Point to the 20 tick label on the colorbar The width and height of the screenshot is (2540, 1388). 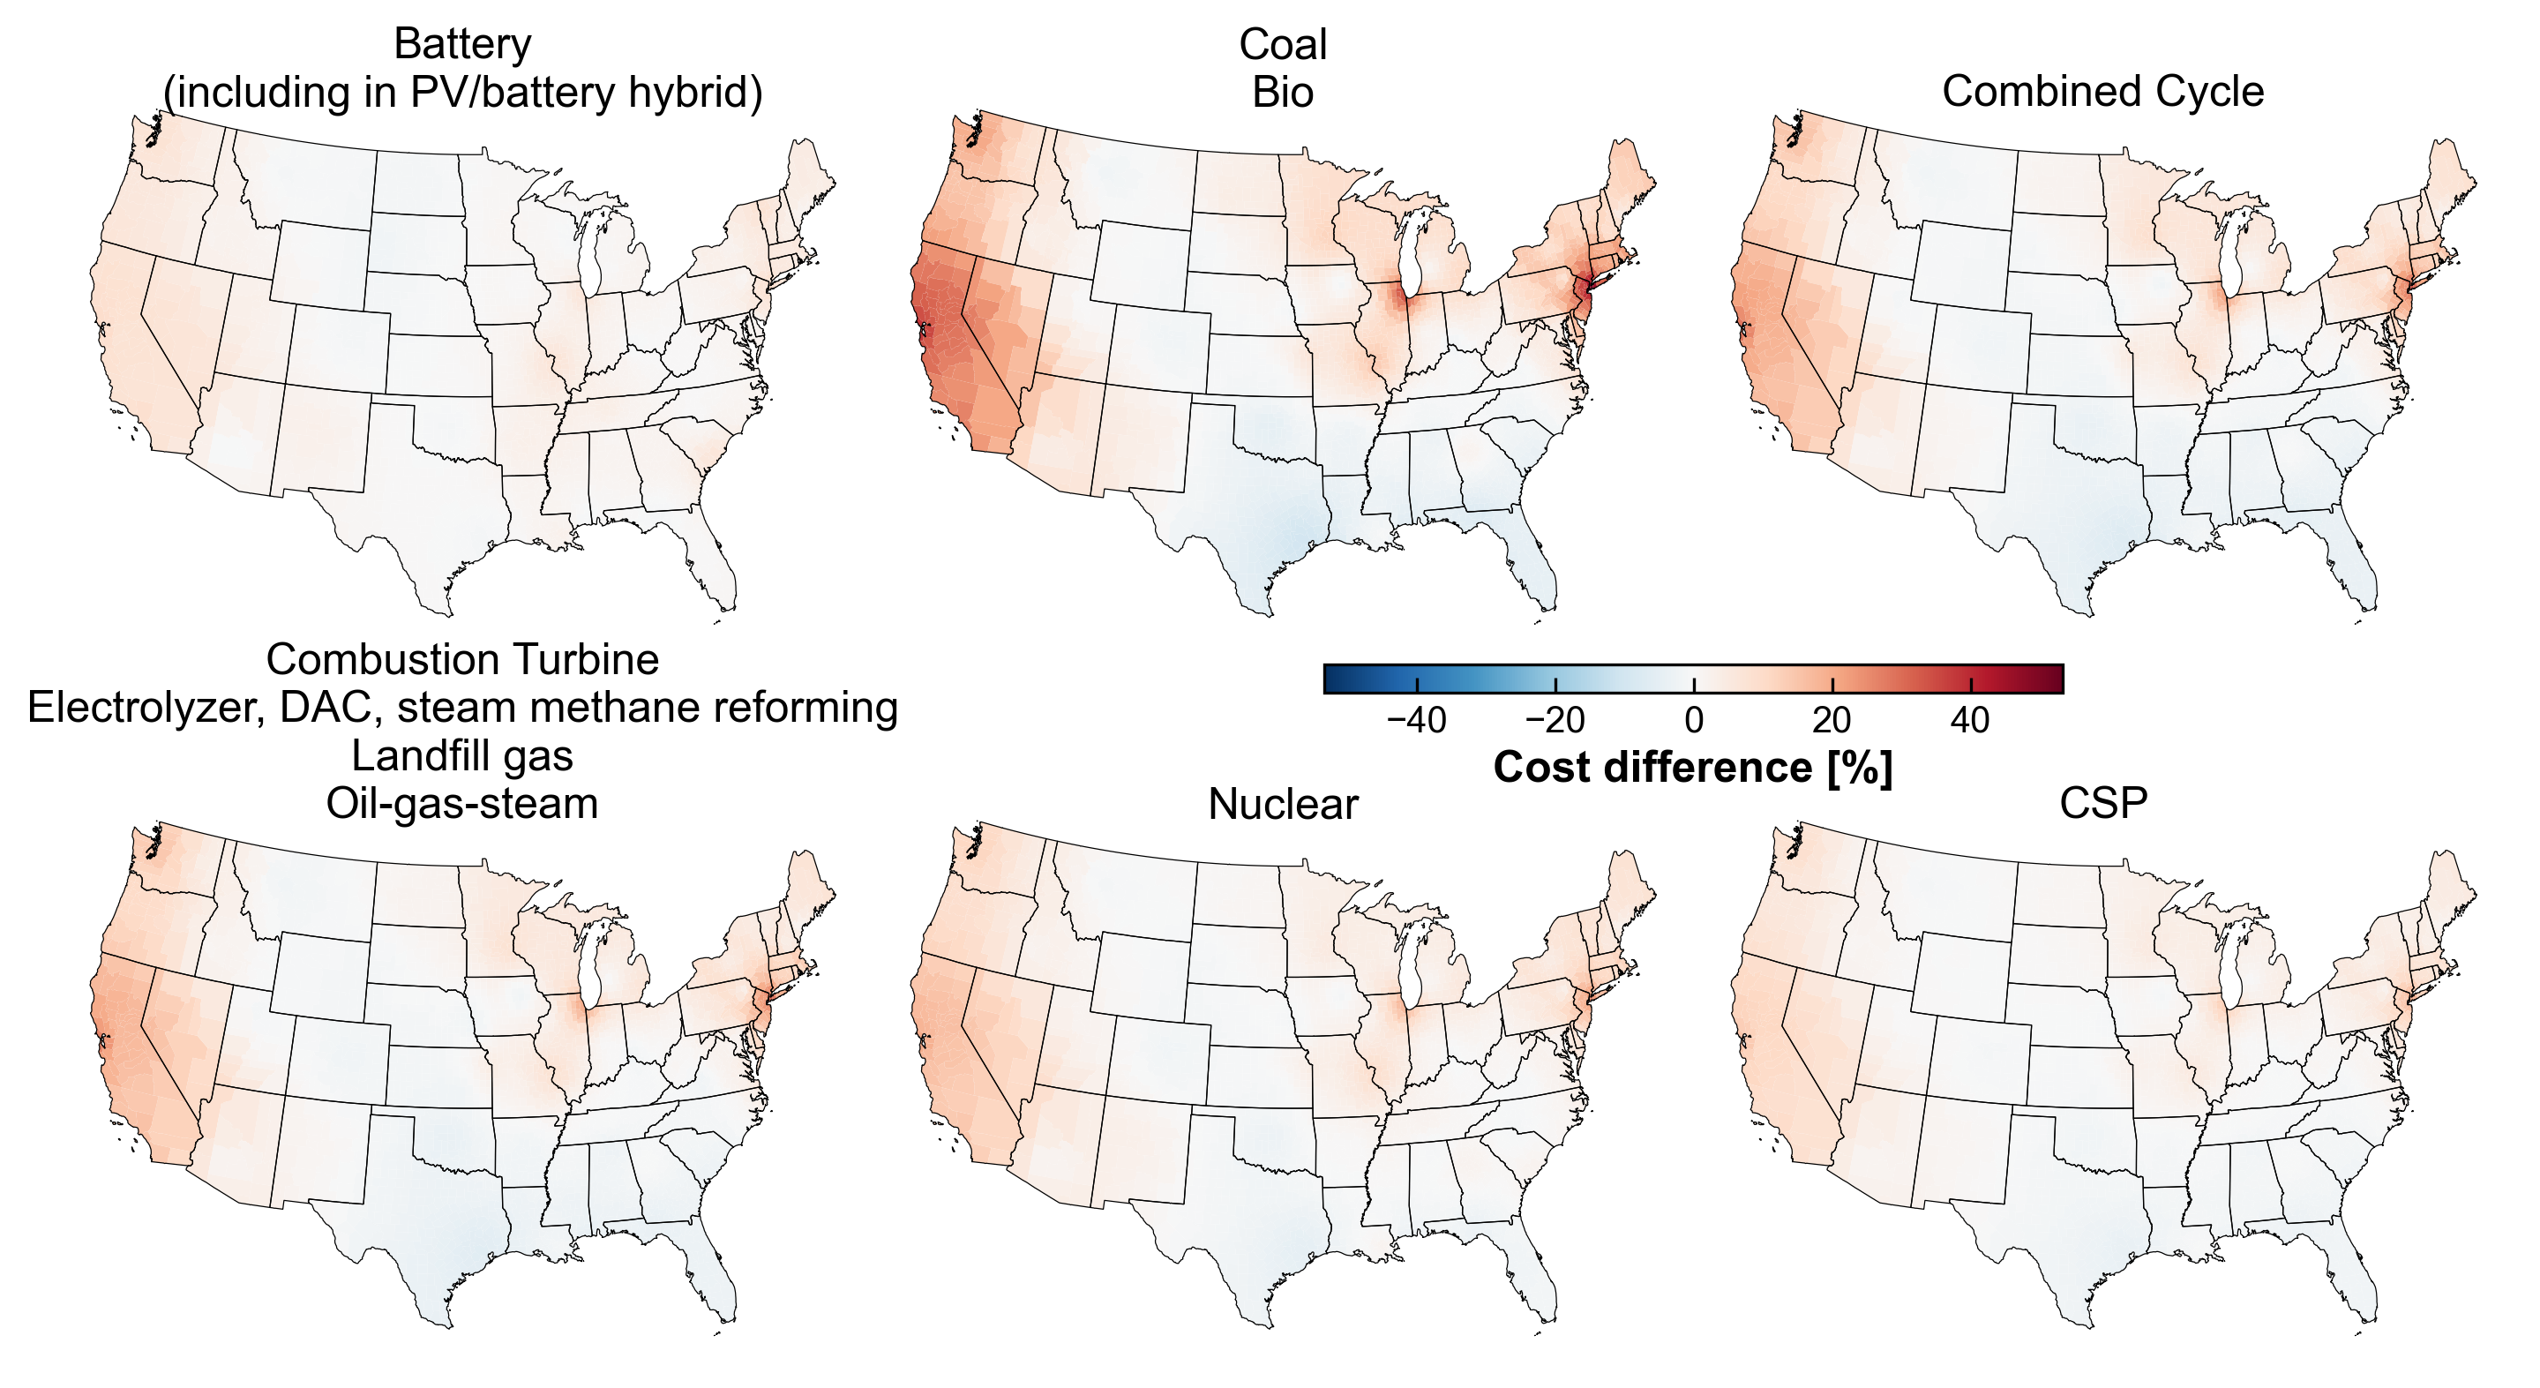pos(1831,720)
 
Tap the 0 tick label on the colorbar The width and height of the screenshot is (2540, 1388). pos(1693,720)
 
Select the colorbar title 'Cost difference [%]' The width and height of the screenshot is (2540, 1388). pos(1692,768)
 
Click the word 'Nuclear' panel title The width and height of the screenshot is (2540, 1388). pos(1282,804)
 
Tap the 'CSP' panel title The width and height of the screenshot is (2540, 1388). pos(2102,803)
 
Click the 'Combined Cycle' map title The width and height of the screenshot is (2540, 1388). pos(2102,92)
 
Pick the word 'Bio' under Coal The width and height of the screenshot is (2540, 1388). pos(1282,93)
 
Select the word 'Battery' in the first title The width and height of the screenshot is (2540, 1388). pos(461,44)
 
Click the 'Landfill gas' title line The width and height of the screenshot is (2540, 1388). pos(461,755)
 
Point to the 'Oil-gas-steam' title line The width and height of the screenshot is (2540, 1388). pos(461,803)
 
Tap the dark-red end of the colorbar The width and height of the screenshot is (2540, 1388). pos(2051,679)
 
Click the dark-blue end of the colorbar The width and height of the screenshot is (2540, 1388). pos(1336,679)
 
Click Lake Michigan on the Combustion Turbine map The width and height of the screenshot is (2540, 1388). pos(592,972)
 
